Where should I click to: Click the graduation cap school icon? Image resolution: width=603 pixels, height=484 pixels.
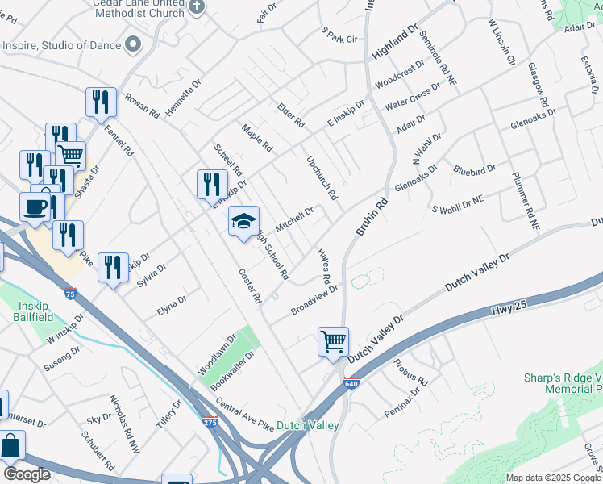[x=244, y=221]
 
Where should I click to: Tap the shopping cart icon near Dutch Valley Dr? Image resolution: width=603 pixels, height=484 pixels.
[x=333, y=341]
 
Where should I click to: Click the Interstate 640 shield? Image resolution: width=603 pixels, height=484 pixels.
[x=351, y=383]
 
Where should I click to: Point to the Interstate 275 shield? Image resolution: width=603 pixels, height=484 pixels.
[x=210, y=422]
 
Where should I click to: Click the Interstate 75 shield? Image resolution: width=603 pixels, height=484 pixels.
[x=71, y=294]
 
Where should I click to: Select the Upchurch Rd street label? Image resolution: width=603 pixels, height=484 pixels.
[x=322, y=177]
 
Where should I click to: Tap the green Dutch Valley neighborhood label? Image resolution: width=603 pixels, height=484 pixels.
[x=307, y=425]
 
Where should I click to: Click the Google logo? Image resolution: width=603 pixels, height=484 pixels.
[x=27, y=474]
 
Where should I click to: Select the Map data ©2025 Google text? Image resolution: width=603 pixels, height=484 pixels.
[x=554, y=478]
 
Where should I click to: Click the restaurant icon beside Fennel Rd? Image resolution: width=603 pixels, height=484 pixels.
[x=101, y=102]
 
